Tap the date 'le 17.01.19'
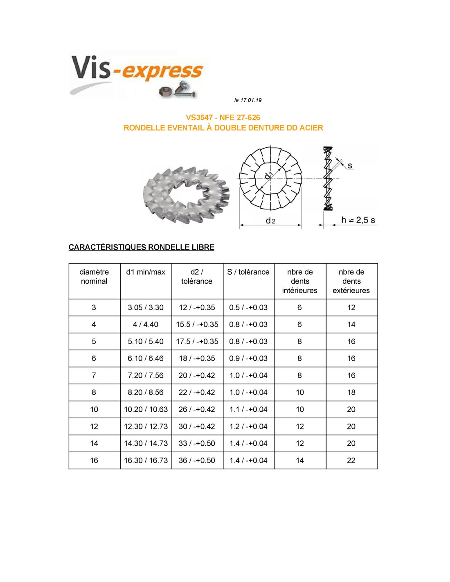click(x=248, y=100)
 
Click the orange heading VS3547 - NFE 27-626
click(x=223, y=117)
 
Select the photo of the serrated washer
click(x=186, y=194)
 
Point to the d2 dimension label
click(x=270, y=221)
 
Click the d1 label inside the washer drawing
click(x=268, y=176)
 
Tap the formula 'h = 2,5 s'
click(x=358, y=220)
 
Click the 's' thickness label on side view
click(x=350, y=166)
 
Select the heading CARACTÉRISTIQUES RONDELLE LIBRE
click(x=142, y=247)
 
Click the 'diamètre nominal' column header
click(x=94, y=277)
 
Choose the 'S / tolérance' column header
click(x=248, y=272)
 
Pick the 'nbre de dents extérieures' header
click(x=351, y=281)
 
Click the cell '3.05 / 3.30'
click(x=146, y=308)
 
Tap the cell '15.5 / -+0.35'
click(x=197, y=325)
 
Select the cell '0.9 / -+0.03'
click(x=248, y=359)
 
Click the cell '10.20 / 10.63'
click(x=146, y=409)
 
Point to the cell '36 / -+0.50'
click(x=197, y=460)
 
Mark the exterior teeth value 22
click(x=351, y=460)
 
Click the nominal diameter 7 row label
click(x=94, y=375)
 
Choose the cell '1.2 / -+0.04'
click(x=248, y=426)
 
